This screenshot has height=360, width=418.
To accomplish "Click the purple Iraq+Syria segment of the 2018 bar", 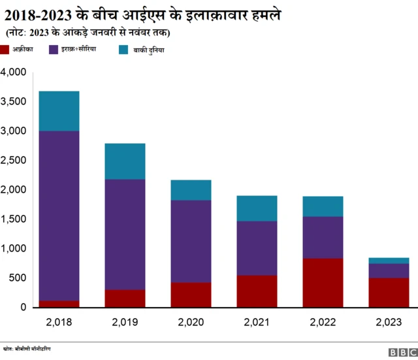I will (x=59, y=216).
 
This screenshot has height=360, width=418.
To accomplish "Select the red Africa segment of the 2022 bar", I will (x=323, y=283).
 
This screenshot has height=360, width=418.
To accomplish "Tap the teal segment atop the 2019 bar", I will (x=125, y=161).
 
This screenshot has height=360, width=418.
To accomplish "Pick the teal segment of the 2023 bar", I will (x=389, y=261).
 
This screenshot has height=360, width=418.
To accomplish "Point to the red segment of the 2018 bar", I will (x=59, y=304).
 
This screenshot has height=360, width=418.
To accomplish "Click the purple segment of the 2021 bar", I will (x=257, y=248).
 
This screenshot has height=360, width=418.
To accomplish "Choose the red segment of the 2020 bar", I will (x=191, y=295).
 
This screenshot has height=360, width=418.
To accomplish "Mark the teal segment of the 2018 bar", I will (x=59, y=111).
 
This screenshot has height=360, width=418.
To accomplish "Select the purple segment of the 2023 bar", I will (x=389, y=270).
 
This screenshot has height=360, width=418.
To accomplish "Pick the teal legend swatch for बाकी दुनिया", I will (x=123, y=49).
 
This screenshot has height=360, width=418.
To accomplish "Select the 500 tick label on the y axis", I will (x=18, y=278).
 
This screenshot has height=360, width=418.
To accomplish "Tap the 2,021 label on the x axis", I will (x=257, y=321).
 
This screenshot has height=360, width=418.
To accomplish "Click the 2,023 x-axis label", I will (x=389, y=321).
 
